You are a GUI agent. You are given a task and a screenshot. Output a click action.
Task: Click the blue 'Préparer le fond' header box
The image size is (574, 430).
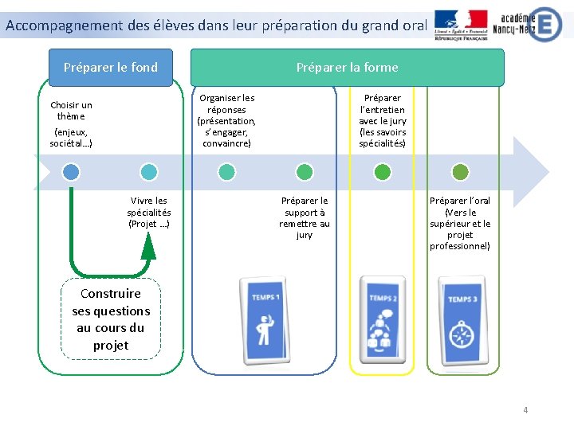click(x=111, y=68)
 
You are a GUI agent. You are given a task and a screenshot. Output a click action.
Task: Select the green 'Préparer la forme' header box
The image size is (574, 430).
click(x=347, y=68)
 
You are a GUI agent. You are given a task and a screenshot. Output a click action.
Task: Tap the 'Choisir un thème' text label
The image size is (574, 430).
click(x=71, y=111)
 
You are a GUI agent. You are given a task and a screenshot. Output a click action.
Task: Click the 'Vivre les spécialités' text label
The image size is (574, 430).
click(x=148, y=212)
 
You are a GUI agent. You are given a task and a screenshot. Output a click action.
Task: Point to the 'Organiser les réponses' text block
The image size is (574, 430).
click(x=226, y=121)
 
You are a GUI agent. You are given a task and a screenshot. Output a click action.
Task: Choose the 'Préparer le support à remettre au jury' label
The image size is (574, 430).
click(x=305, y=217)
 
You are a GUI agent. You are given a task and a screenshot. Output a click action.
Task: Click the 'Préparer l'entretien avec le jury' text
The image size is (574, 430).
click(x=383, y=121)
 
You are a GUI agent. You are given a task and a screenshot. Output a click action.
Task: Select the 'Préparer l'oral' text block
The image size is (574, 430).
click(x=460, y=223)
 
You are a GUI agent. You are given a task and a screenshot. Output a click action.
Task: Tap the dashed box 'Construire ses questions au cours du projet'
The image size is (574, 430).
click(x=111, y=319)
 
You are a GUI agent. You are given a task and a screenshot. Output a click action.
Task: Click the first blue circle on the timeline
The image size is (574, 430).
click(x=71, y=171)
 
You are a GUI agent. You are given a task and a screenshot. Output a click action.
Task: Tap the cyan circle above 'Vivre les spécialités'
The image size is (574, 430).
click(x=148, y=171)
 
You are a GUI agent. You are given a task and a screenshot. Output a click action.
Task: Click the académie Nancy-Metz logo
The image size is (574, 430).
click(x=530, y=23)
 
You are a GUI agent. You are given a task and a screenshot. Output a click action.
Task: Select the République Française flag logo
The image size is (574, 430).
click(x=462, y=25)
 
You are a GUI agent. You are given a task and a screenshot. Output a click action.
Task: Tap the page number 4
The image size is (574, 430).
click(x=525, y=410)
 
